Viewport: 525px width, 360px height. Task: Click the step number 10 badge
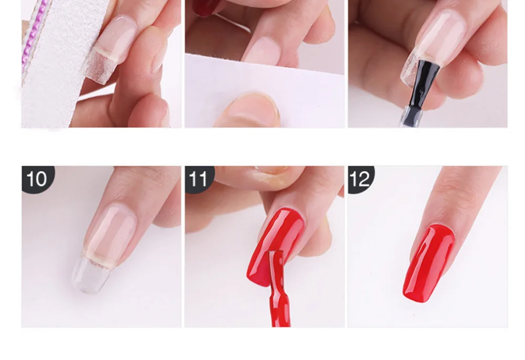(37, 179)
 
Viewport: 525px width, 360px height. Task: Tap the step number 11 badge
(199, 179)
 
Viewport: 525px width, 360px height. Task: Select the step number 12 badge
(361, 179)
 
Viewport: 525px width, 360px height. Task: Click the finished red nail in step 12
(429, 263)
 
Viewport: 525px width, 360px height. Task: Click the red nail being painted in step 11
(275, 246)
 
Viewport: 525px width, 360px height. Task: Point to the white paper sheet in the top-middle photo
(265, 90)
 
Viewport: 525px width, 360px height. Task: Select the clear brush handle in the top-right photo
(411, 115)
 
